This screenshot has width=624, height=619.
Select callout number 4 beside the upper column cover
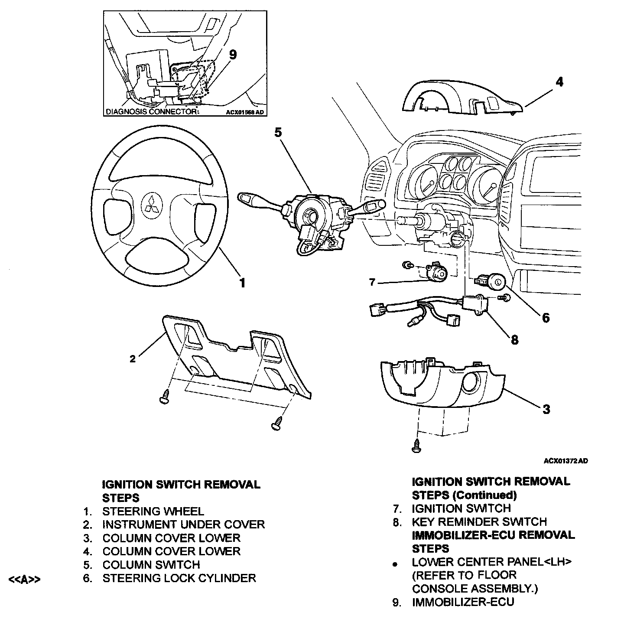pos(559,82)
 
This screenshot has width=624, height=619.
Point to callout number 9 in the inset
pos(233,55)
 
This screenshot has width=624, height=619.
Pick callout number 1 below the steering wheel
pos(243,283)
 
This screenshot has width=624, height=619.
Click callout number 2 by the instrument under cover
pos(133,358)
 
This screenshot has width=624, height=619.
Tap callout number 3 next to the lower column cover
pos(546,409)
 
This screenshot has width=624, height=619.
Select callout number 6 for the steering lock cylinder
pos(546,318)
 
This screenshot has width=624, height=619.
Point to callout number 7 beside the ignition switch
pos(372,283)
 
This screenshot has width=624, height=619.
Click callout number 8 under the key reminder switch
pos(514,339)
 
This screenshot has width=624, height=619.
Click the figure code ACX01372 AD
pos(565,461)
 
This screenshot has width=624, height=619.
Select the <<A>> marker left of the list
pos(25,579)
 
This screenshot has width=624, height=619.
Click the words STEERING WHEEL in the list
pos(153,511)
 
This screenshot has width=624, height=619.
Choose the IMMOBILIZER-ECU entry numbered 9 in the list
pos(463,602)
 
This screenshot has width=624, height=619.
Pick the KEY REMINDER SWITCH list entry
pos(479,521)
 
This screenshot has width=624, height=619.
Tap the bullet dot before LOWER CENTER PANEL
pos(395,565)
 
